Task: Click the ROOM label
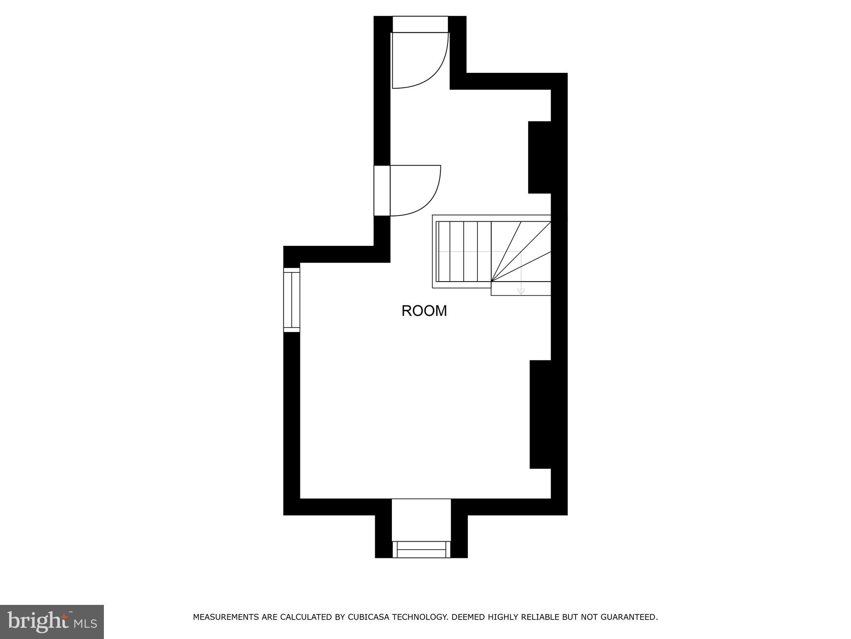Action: (424, 311)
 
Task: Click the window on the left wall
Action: (292, 300)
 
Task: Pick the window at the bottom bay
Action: (421, 549)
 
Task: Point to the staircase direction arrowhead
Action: (521, 292)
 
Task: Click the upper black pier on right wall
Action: (540, 157)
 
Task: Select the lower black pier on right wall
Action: (541, 414)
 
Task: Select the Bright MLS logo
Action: (52, 622)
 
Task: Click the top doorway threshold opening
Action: (420, 24)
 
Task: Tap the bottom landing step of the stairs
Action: (521, 289)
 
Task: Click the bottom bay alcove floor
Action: (421, 520)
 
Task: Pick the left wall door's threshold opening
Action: (382, 191)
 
